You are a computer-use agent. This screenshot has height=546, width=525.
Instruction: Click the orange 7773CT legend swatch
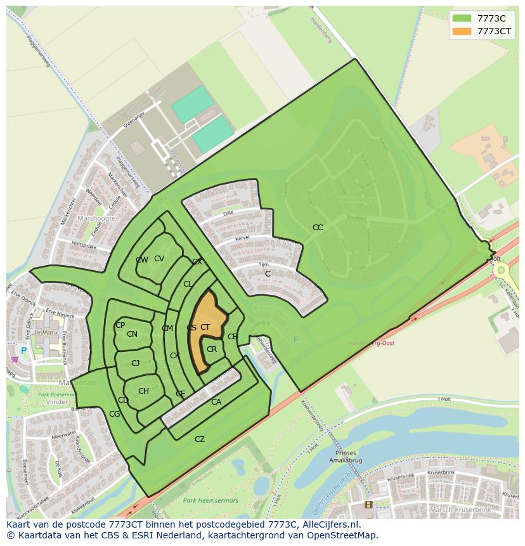coord(462,31)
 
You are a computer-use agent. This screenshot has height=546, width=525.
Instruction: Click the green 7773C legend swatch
coord(462,18)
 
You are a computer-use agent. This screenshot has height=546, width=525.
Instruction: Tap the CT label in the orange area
coord(205,327)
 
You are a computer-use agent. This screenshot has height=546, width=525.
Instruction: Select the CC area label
coord(318,227)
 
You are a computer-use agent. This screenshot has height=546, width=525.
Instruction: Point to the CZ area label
coord(200,439)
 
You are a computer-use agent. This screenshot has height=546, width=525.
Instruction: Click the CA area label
coord(216,401)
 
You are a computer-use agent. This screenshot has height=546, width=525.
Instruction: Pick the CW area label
coord(141,260)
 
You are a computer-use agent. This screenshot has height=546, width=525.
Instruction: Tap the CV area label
coord(159,258)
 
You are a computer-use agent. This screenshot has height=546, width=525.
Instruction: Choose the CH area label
coord(143,391)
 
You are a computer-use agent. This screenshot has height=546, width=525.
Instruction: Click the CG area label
coord(114,414)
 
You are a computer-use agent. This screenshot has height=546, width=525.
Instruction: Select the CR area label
coord(212,349)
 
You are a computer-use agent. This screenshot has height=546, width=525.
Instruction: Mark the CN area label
coord(132,334)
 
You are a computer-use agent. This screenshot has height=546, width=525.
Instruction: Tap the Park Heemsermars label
coord(210,500)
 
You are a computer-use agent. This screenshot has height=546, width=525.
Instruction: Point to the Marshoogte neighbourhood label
coord(96,218)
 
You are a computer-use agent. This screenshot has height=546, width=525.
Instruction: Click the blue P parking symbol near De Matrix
coord(24,351)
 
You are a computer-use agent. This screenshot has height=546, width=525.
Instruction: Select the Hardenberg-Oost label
coord(371,343)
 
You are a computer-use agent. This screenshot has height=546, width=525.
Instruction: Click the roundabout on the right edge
coord(502,270)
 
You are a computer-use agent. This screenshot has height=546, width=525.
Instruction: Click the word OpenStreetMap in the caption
coord(346,535)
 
